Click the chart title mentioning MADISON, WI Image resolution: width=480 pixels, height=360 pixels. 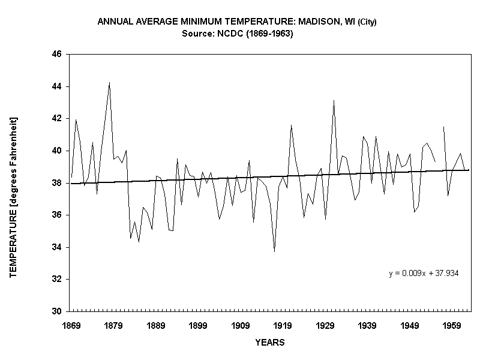coord(236,22)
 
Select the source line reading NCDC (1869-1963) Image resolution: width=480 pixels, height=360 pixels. coord(236,34)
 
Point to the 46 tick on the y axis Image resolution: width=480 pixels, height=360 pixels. coord(58,54)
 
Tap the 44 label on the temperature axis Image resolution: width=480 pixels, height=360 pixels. coord(58,86)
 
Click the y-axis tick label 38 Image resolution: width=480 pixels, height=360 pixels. coord(58,183)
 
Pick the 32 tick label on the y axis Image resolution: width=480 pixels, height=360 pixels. coord(58,280)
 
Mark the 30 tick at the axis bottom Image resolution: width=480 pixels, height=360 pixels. coord(58,311)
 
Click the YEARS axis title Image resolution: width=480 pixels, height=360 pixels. coord(269,343)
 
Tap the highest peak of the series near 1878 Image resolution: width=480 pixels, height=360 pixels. coord(109,83)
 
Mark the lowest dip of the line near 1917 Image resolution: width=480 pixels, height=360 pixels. coord(274,251)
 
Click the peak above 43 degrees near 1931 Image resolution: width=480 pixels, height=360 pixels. coord(334,101)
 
